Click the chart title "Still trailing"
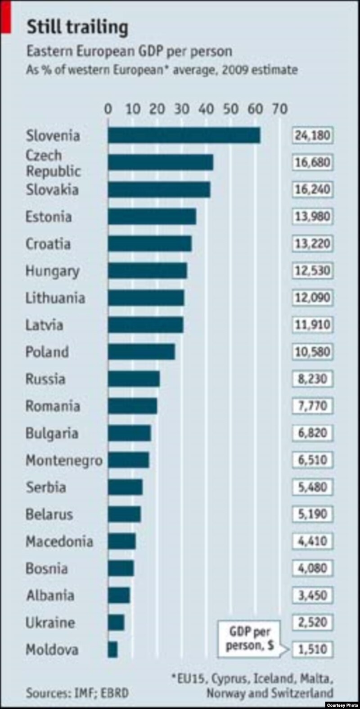(77, 28)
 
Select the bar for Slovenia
(184, 135)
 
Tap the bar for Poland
(141, 352)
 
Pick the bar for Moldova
(112, 650)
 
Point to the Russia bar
(134, 379)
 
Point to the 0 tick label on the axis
(108, 109)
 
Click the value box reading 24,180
(312, 135)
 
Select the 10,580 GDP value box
(312, 352)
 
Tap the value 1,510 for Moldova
(312, 650)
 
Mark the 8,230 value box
(312, 379)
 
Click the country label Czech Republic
(53, 163)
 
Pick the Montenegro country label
(64, 460)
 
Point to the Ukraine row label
(50, 623)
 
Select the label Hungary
(52, 271)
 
